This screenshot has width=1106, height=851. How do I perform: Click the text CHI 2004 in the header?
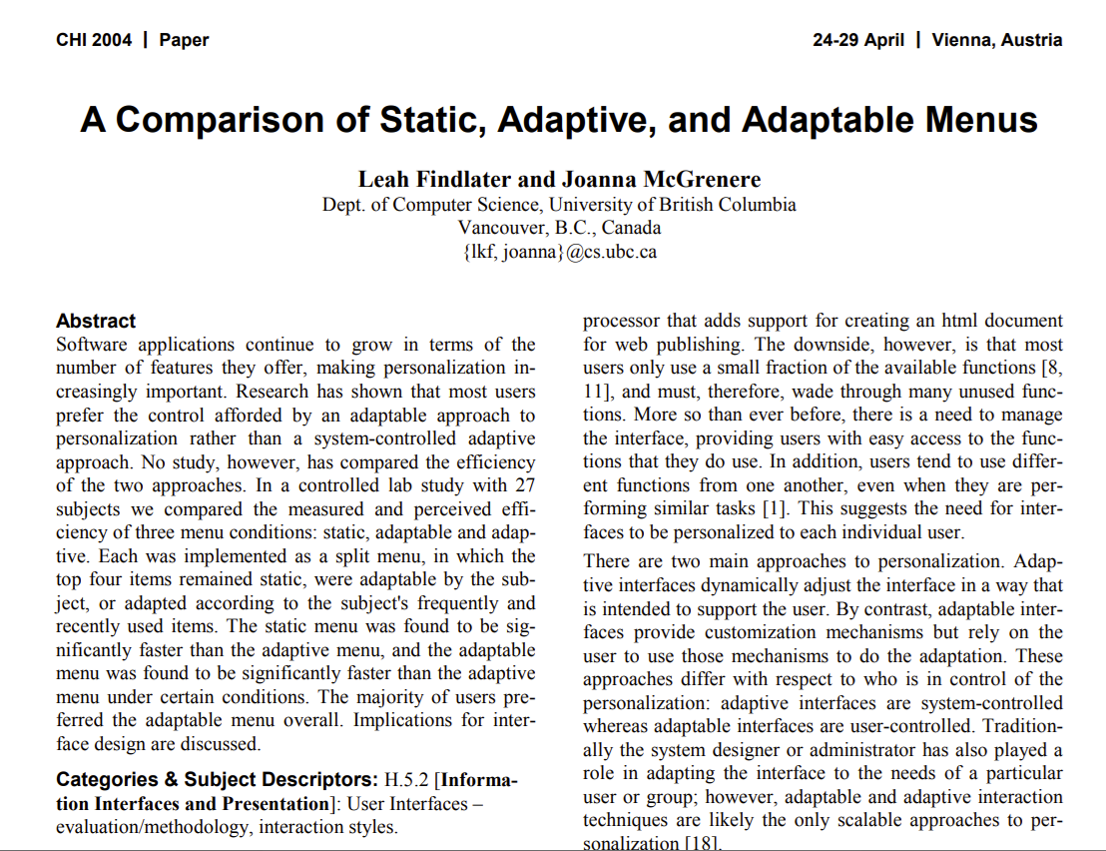93,40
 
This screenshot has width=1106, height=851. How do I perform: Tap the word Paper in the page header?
184,40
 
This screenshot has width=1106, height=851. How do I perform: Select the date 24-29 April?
858,40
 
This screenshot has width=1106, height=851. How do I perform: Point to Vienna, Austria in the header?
997,40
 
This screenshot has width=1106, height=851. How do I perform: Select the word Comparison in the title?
218,120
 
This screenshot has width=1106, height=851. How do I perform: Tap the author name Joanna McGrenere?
661,180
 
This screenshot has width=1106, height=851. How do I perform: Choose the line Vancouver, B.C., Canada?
559,228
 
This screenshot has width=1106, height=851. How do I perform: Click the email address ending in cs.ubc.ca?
559,252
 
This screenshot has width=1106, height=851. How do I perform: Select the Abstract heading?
96,322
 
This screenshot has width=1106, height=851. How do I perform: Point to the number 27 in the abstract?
524,486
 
